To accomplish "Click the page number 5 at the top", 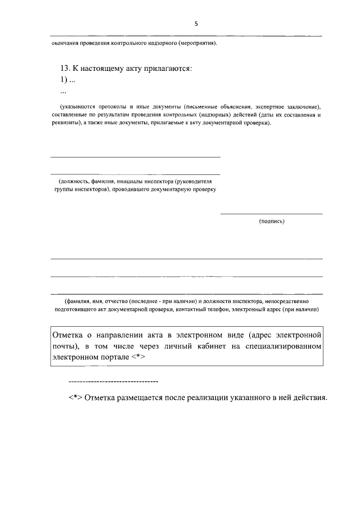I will (196, 24).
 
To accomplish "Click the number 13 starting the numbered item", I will (64, 69).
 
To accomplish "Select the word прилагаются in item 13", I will (168, 69).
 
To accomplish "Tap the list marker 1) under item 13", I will (64, 80).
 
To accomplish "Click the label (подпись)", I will (272, 221).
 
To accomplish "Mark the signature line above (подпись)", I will (271, 214).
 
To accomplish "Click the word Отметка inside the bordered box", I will (67, 335).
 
